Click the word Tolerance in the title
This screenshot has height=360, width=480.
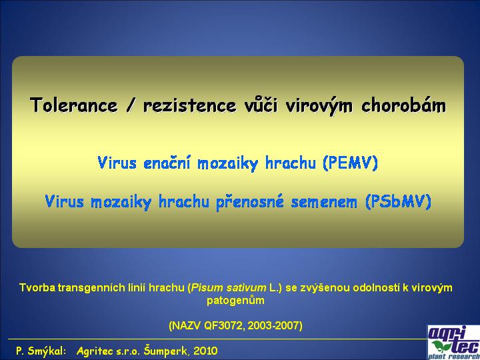point(74,105)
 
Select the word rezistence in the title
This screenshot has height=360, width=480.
point(190,105)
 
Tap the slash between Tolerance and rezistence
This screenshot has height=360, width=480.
point(131,105)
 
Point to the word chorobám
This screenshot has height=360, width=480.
point(404,105)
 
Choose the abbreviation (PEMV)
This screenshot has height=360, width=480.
point(350,163)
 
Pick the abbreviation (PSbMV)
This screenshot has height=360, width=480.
point(398,201)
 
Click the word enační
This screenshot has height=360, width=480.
point(167,163)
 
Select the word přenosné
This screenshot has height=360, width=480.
point(250,202)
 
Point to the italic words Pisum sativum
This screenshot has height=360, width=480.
point(229,288)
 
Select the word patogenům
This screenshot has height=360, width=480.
point(235,301)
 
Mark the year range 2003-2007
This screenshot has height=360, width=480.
point(273,325)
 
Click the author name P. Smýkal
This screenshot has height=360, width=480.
point(41,351)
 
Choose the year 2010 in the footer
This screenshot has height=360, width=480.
point(206,351)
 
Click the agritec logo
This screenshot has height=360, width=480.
point(454,343)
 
